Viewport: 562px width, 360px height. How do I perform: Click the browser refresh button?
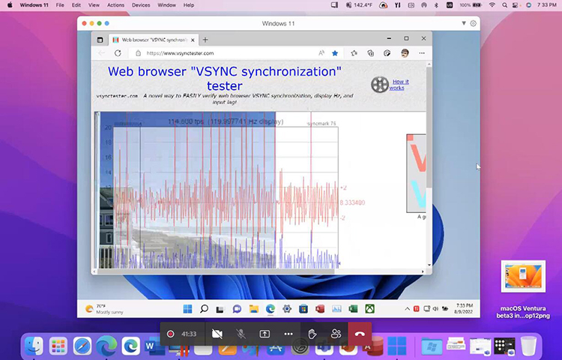click(118, 53)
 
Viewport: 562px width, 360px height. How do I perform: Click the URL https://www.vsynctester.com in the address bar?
click(181, 53)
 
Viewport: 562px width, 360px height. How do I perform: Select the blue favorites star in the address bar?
click(335, 53)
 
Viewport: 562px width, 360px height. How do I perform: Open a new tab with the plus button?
click(205, 39)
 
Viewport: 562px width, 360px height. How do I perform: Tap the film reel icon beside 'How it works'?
click(380, 85)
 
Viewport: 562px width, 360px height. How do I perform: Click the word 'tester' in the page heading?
click(224, 85)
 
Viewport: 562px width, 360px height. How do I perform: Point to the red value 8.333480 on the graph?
click(352, 202)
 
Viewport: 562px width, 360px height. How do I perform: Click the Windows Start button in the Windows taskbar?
click(187, 308)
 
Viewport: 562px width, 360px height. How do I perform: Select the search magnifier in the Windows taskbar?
click(204, 308)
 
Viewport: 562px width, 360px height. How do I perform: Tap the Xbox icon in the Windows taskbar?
click(369, 308)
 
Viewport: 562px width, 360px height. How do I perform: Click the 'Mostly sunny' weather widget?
click(103, 308)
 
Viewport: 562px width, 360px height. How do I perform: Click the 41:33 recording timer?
click(189, 334)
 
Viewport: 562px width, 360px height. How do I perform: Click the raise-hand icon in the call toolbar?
click(312, 334)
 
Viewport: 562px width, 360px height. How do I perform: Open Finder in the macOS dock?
click(34, 346)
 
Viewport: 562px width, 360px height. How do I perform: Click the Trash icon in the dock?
click(528, 346)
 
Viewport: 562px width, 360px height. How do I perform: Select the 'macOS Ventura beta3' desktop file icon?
click(523, 277)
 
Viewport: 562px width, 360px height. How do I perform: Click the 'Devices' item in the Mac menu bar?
click(140, 4)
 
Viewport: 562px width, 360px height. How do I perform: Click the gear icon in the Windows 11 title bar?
click(473, 23)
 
